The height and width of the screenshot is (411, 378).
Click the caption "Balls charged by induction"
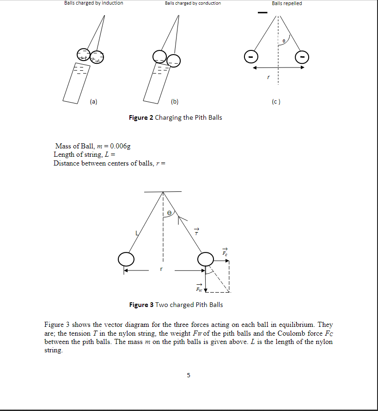click(x=94, y=3)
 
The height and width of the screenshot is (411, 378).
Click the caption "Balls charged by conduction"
click(x=193, y=3)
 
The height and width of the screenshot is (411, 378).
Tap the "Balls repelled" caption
click(x=287, y=3)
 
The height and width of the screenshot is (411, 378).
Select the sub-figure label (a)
click(x=94, y=101)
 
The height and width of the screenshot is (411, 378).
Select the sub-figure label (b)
click(x=174, y=101)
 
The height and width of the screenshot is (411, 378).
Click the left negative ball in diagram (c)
click(x=250, y=57)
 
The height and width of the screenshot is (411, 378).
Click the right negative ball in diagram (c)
click(x=302, y=57)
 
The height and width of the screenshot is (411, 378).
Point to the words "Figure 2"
click(x=141, y=117)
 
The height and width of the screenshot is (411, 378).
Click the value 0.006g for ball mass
click(x=120, y=146)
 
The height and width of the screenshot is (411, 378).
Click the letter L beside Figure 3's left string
click(x=136, y=233)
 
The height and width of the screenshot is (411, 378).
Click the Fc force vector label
click(x=225, y=252)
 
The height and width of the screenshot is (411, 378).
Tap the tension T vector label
click(x=196, y=232)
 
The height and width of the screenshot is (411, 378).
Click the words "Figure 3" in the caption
click(x=141, y=305)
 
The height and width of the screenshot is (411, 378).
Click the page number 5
click(x=188, y=375)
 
